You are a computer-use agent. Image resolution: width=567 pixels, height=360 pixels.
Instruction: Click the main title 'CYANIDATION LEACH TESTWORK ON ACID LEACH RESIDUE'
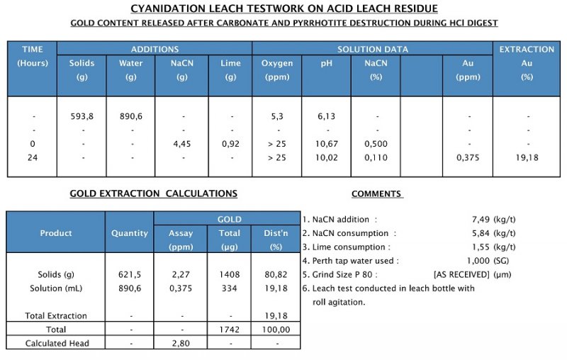tap(283, 9)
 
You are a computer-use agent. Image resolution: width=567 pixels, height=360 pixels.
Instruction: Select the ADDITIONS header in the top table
tap(155, 49)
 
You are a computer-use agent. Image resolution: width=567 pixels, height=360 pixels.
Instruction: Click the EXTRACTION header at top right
tap(527, 49)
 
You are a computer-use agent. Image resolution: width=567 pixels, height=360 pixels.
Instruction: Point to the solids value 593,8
tap(82, 116)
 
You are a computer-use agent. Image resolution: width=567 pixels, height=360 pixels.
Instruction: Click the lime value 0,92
tap(230, 144)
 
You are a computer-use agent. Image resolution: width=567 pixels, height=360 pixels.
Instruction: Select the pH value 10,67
tap(326, 144)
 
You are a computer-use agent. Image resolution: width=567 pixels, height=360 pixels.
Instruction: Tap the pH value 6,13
tap(326, 116)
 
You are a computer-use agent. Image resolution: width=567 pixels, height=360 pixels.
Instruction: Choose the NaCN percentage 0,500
tap(376, 144)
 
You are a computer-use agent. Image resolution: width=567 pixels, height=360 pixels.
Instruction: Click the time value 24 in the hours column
tap(33, 157)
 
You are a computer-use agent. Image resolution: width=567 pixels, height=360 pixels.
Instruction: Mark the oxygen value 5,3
tap(277, 116)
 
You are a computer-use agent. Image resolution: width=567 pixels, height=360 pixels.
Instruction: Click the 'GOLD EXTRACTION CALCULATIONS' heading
tap(153, 193)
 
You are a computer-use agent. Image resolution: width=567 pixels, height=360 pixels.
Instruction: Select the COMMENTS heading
tap(376, 193)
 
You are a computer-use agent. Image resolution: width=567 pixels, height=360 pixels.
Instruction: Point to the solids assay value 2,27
tap(181, 274)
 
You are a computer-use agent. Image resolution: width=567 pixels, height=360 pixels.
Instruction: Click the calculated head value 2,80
tap(181, 344)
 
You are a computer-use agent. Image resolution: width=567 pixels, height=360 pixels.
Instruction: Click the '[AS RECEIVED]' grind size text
tap(462, 274)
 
